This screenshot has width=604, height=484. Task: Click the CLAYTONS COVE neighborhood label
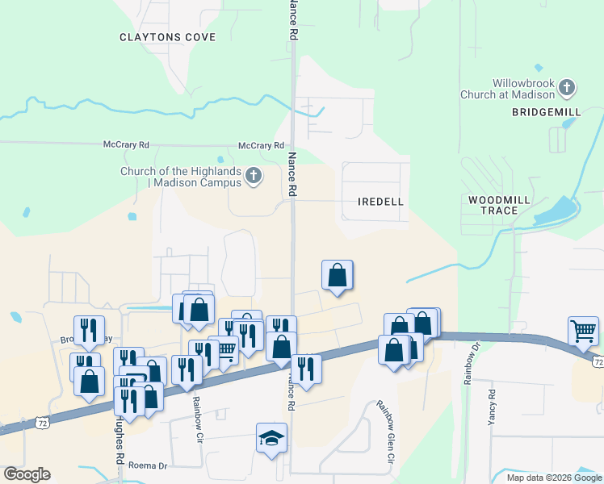[x=167, y=37]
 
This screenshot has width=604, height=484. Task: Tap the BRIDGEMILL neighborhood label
[x=546, y=112]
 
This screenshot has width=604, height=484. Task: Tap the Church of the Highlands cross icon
[x=254, y=176]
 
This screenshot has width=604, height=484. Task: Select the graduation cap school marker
[x=272, y=438]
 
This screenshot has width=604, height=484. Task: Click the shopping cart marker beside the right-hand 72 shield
[x=583, y=331]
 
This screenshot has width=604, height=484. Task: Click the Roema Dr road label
[x=150, y=466]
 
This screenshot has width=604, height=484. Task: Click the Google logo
[x=27, y=474]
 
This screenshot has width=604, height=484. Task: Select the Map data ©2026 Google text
[x=555, y=478]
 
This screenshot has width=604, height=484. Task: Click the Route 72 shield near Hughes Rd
[x=42, y=422]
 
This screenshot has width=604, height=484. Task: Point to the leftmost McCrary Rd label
[x=127, y=145]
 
